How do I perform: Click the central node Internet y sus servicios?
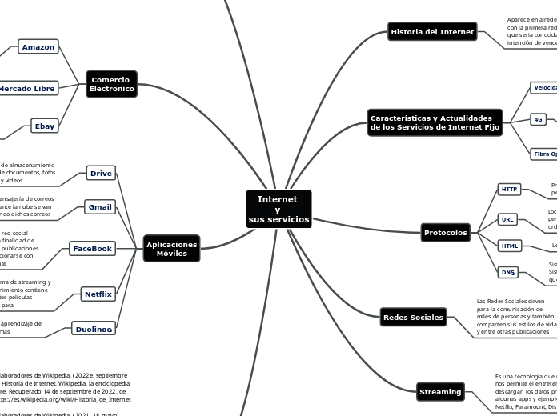(278, 209)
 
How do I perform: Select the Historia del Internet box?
(432, 32)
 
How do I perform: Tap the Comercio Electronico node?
(112, 84)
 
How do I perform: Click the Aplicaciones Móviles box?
(171, 248)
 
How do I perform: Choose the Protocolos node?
(446, 233)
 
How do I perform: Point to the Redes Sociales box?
(413, 318)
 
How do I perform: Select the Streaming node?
(440, 392)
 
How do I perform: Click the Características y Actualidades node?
(435, 122)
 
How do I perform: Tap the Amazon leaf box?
(38, 47)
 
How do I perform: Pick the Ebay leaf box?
(44, 126)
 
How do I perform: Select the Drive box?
(101, 173)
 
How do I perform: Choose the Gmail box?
(100, 207)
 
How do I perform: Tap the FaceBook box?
(93, 249)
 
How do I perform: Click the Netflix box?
(98, 294)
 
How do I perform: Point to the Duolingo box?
(93, 329)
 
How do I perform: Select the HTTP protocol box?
(509, 190)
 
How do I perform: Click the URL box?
(507, 219)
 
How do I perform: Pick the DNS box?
(508, 273)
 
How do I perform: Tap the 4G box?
(539, 120)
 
